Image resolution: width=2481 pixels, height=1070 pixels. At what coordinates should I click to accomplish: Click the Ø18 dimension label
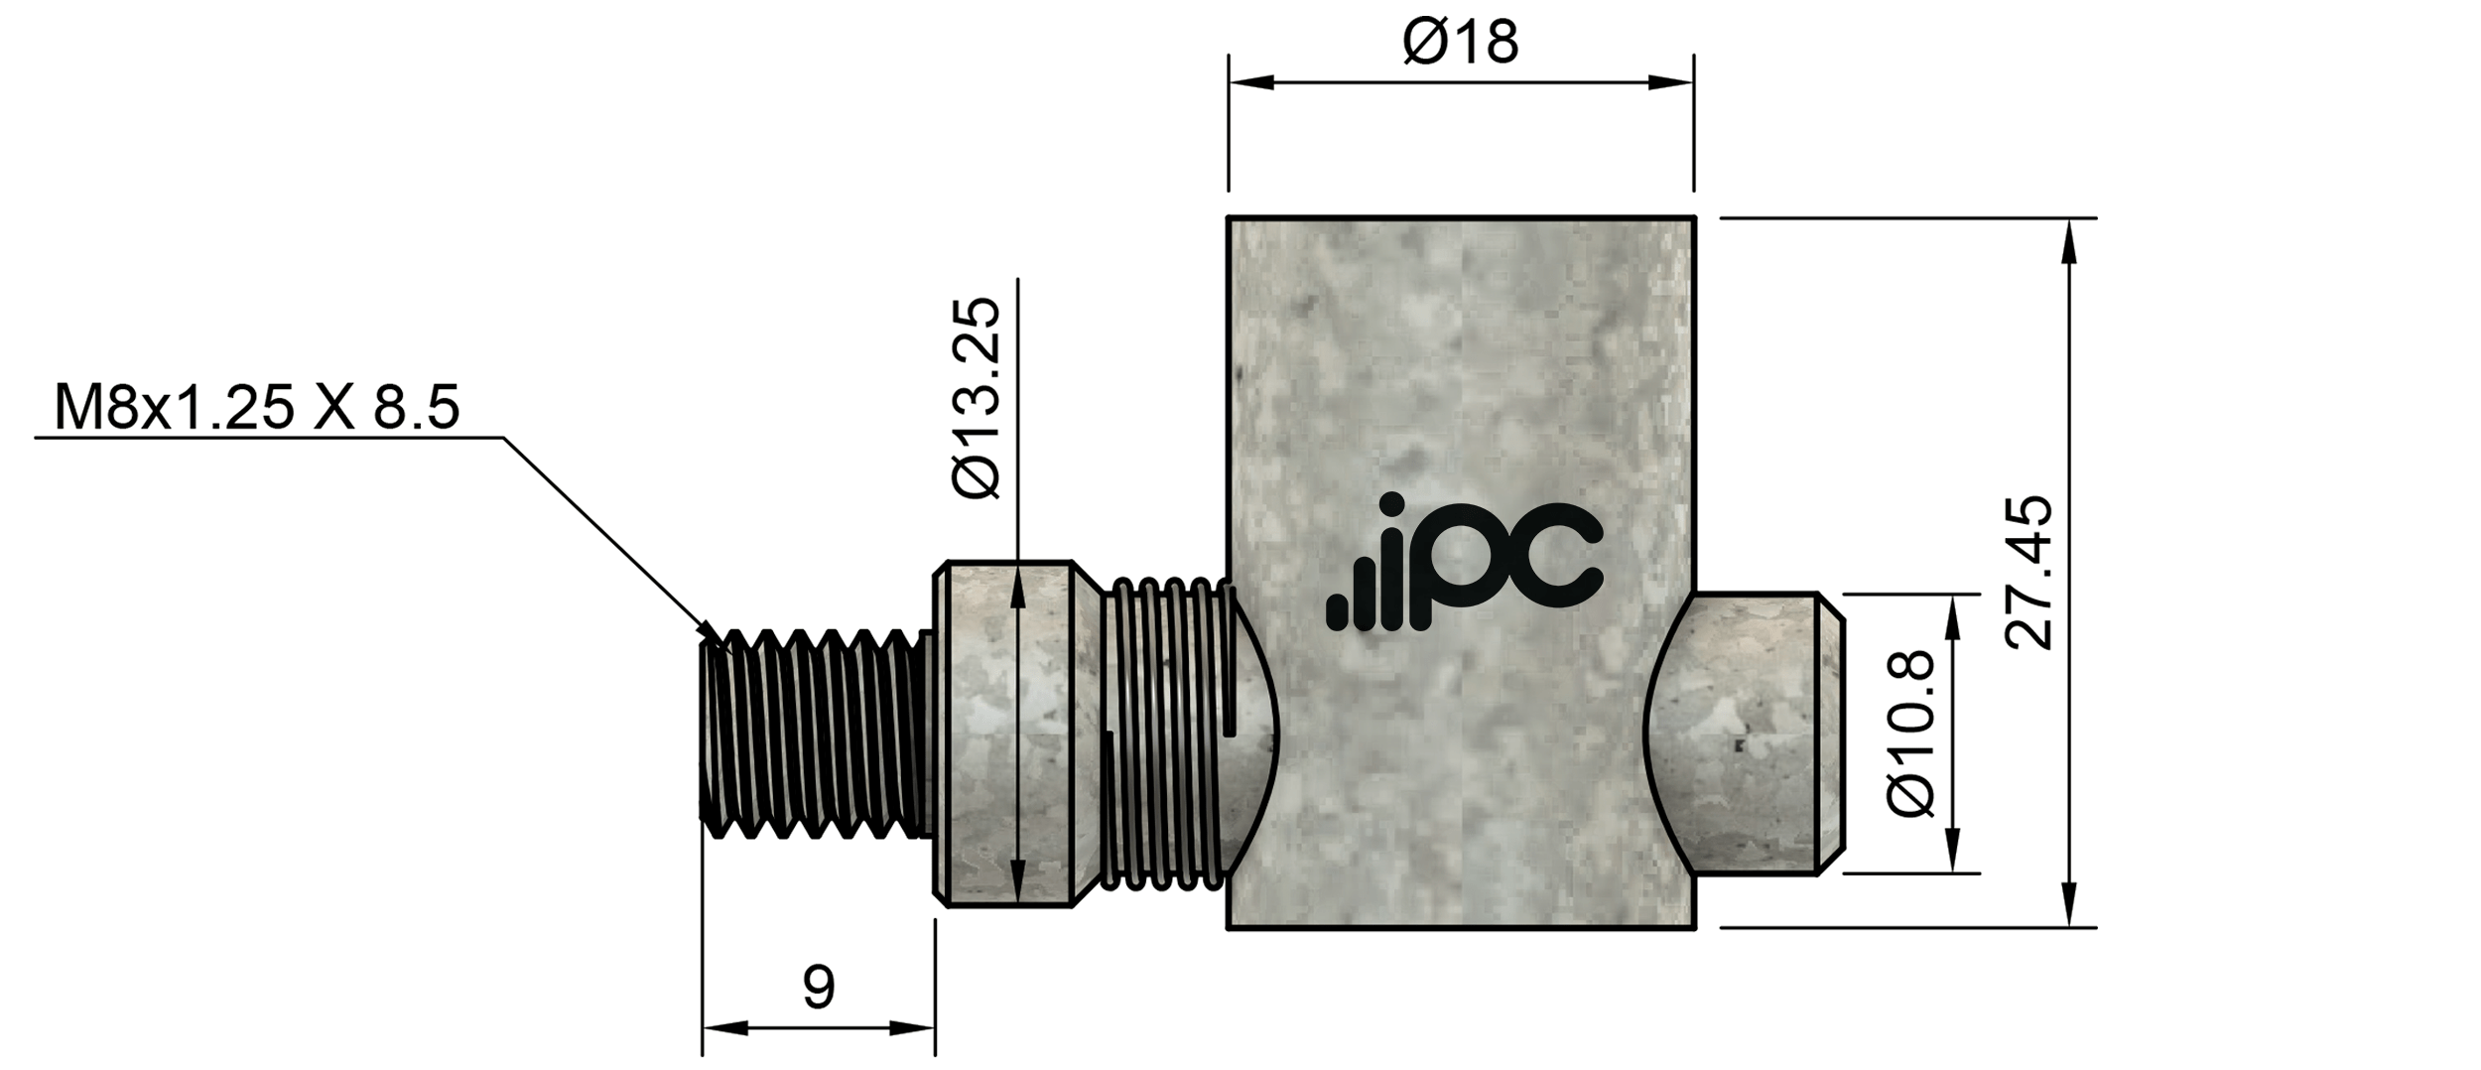point(1460,43)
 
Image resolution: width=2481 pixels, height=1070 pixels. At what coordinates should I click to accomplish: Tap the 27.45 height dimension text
point(2027,573)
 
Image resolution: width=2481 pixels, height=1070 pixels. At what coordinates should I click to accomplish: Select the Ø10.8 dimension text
point(1910,734)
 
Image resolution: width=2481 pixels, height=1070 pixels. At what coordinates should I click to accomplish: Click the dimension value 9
point(818,988)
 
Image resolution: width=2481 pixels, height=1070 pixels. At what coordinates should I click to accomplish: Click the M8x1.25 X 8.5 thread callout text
point(257,409)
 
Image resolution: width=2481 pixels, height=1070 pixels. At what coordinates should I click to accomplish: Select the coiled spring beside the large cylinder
point(1169,733)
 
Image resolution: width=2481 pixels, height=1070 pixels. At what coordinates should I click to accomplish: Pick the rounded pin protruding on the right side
point(1747,733)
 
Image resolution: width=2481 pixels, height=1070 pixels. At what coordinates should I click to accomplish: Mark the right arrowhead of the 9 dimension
point(913,1028)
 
